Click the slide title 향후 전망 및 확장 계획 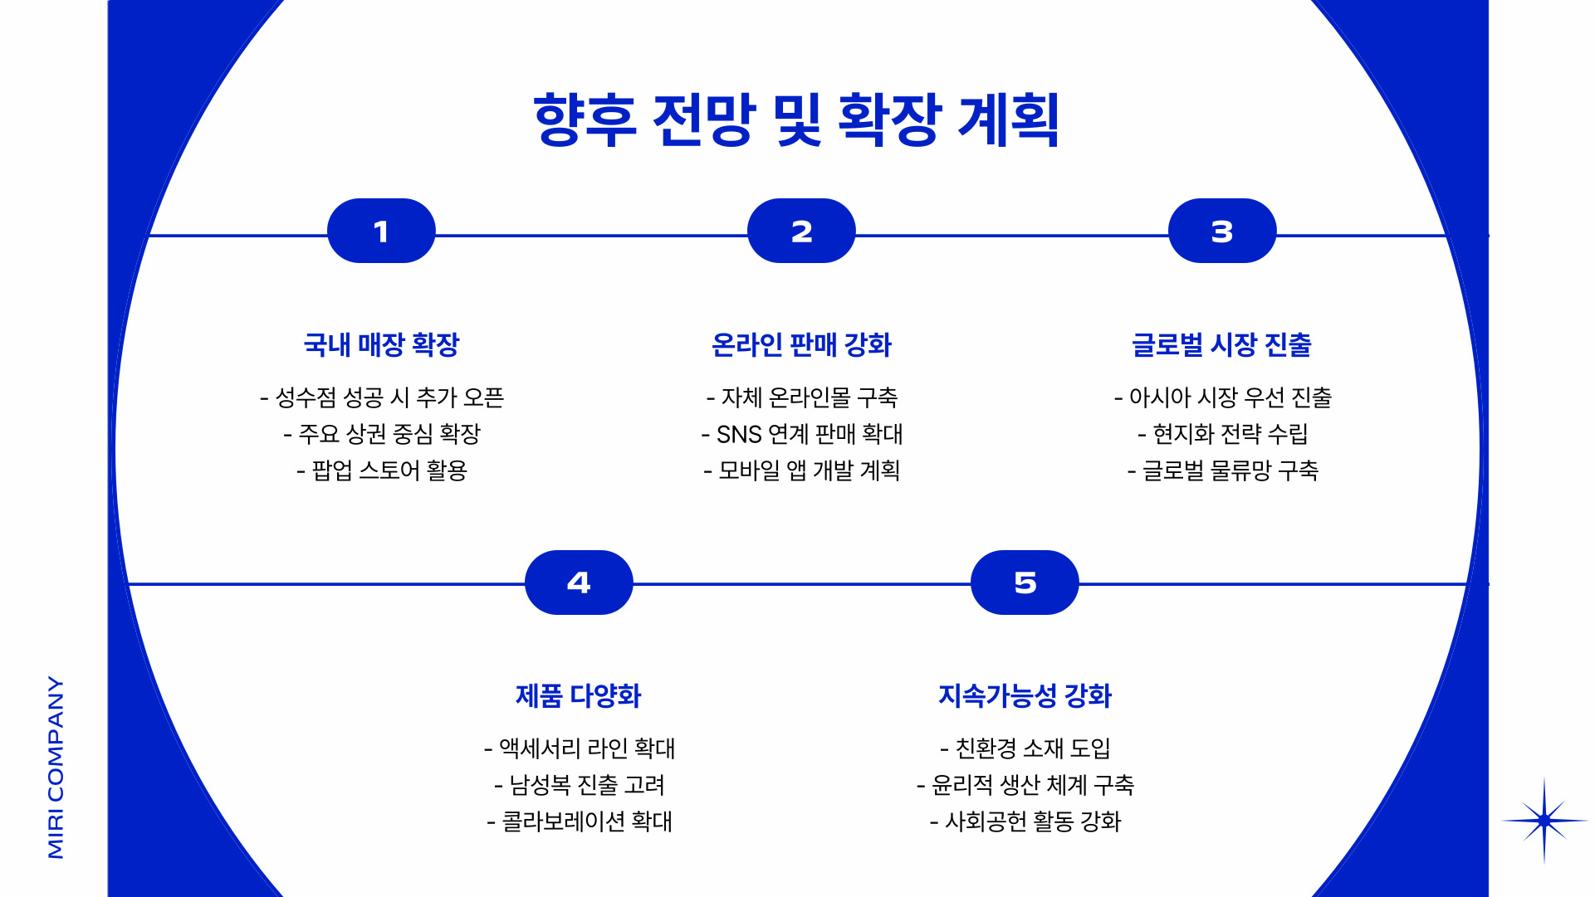tap(796, 120)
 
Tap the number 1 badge tap(381, 232)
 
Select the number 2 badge tap(801, 232)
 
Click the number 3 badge tap(1221, 232)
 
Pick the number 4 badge tap(579, 583)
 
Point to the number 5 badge tap(1025, 583)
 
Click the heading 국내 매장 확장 tap(381, 344)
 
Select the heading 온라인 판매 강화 tap(801, 344)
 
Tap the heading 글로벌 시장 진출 tap(1221, 344)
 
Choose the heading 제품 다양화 tap(579, 695)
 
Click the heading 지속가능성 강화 tap(1025, 695)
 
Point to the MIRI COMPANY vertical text tap(56, 767)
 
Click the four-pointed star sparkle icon tap(1544, 821)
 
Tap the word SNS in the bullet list tap(739, 434)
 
